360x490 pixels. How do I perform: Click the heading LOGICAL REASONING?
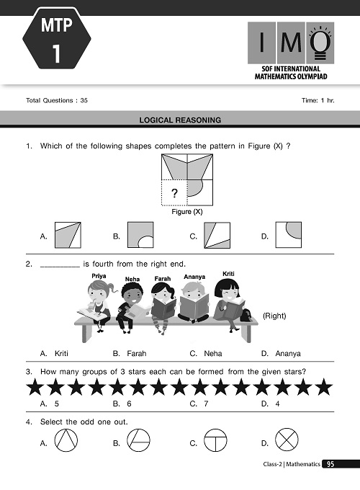[x=180, y=120]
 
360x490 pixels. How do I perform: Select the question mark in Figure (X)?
[x=172, y=192]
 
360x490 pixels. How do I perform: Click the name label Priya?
[x=99, y=275]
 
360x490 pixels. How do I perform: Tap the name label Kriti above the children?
[x=229, y=273]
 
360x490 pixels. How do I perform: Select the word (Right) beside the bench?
[x=274, y=316]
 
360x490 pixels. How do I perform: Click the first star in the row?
[x=34, y=389]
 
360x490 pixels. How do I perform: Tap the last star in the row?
[x=325, y=389]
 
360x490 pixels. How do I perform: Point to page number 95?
[x=329, y=465]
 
